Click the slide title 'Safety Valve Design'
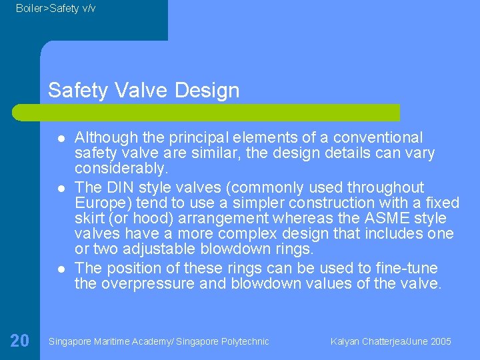pos(143,90)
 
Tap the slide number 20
pos(19,341)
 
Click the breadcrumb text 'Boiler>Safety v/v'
pos(55,9)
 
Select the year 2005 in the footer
pos(440,341)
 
